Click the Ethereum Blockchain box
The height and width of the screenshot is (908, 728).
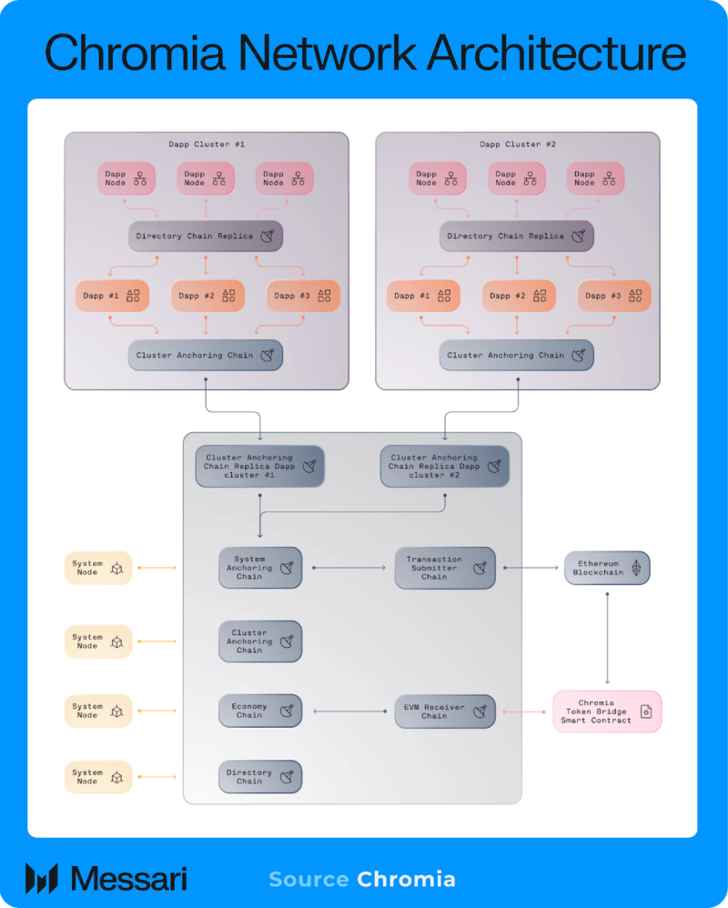[x=607, y=568]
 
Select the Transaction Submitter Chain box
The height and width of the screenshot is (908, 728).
[x=445, y=568]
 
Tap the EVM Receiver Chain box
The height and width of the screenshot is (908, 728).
[x=445, y=711]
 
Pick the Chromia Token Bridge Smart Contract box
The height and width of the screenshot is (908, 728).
[x=607, y=711]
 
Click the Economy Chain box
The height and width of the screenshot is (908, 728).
[x=260, y=711]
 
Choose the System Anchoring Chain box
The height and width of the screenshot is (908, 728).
[x=260, y=568]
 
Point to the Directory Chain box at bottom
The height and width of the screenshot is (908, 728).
[x=260, y=777]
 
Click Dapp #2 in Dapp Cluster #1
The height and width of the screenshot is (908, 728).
[x=207, y=296]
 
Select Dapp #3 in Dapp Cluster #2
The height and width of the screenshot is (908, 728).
[x=614, y=296]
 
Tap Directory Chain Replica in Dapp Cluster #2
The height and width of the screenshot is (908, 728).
[x=517, y=236]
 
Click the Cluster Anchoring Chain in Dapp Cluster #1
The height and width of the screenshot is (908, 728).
[x=206, y=355]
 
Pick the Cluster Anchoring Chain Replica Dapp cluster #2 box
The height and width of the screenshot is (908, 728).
[x=445, y=466]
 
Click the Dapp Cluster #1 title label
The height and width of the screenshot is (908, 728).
[x=207, y=144]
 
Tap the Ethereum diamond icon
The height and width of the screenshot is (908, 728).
[x=636, y=568]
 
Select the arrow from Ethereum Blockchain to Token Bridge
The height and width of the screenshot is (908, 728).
[x=607, y=638]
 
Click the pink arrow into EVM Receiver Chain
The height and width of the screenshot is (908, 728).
[x=524, y=711]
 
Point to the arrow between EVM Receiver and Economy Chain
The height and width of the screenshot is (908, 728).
[x=349, y=711]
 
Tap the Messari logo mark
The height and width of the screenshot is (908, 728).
[x=42, y=879]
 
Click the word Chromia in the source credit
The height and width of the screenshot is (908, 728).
[x=406, y=879]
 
